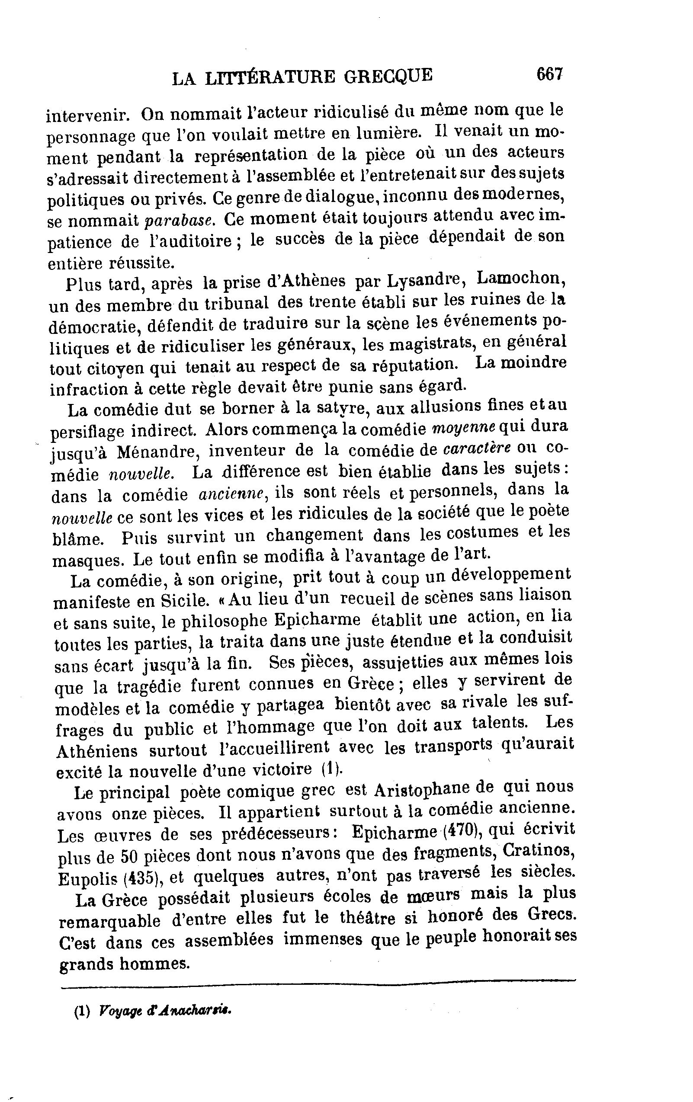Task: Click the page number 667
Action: click(x=549, y=74)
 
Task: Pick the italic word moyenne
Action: click(x=464, y=427)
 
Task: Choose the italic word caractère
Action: click(x=478, y=448)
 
